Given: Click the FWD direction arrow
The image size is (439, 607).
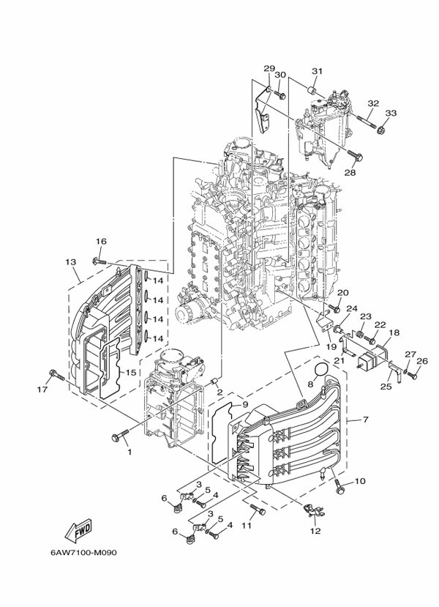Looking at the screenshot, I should point(78,526).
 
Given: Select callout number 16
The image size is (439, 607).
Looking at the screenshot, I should point(100,242).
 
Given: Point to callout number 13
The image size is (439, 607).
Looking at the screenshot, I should point(70,262).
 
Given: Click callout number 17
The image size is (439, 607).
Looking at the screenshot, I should point(42,390).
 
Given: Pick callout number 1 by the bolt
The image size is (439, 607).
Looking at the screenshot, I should point(130,452).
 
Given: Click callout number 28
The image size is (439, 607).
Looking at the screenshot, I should point(350,173).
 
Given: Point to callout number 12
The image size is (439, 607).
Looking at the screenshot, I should point(315,532).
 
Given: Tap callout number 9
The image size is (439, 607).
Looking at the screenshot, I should point(246,405).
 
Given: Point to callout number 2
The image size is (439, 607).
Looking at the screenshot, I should point(219,393).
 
